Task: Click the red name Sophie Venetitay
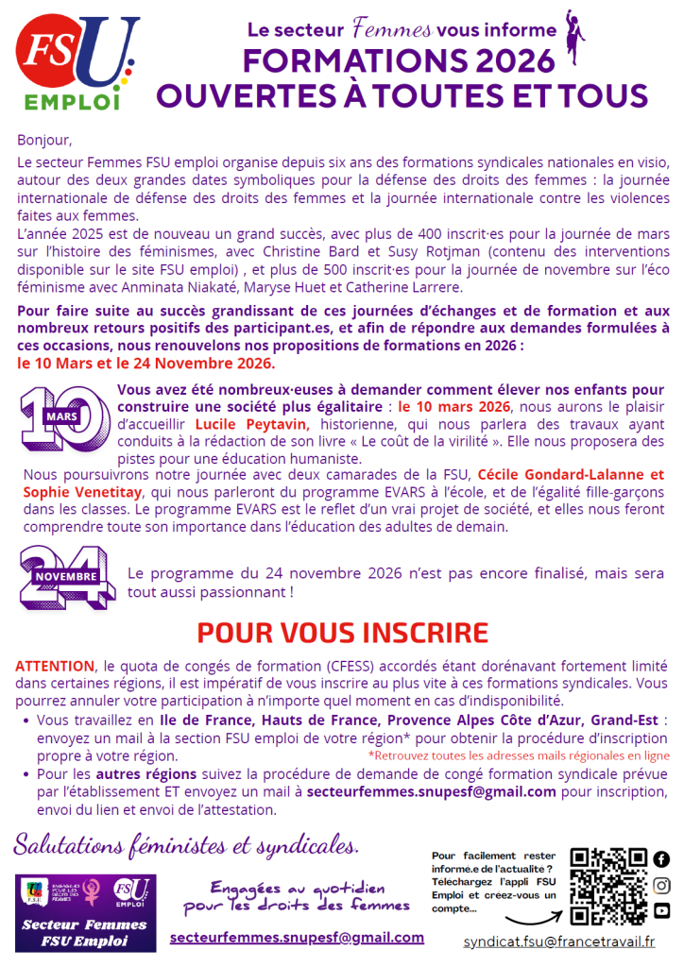(83, 493)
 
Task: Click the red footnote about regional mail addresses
(519, 755)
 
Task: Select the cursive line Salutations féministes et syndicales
(186, 842)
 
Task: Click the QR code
(608, 888)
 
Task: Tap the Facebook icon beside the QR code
(661, 859)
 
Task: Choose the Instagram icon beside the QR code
(661, 885)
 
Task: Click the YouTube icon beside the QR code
(661, 910)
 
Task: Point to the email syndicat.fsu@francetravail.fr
(559, 942)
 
